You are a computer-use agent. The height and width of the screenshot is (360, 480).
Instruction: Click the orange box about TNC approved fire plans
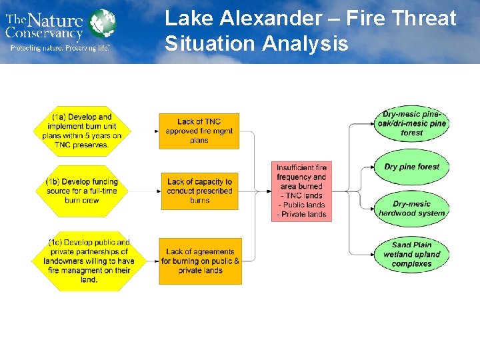pyautogui.click(x=199, y=131)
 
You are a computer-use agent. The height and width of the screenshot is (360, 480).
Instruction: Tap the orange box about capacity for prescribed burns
pyautogui.click(x=199, y=191)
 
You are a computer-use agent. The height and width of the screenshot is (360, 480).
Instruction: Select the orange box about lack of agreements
pyautogui.click(x=200, y=261)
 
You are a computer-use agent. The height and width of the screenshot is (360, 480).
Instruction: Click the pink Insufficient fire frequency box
pyautogui.click(x=301, y=191)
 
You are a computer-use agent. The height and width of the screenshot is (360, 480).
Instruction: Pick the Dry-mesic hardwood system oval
pyautogui.click(x=411, y=208)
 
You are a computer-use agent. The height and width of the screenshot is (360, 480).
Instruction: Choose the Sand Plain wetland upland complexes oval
pyautogui.click(x=411, y=254)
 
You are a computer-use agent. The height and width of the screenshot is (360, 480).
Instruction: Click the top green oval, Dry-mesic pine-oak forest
pyautogui.click(x=411, y=123)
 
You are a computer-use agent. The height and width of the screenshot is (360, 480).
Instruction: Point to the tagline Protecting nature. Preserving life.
pyautogui.click(x=59, y=48)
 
